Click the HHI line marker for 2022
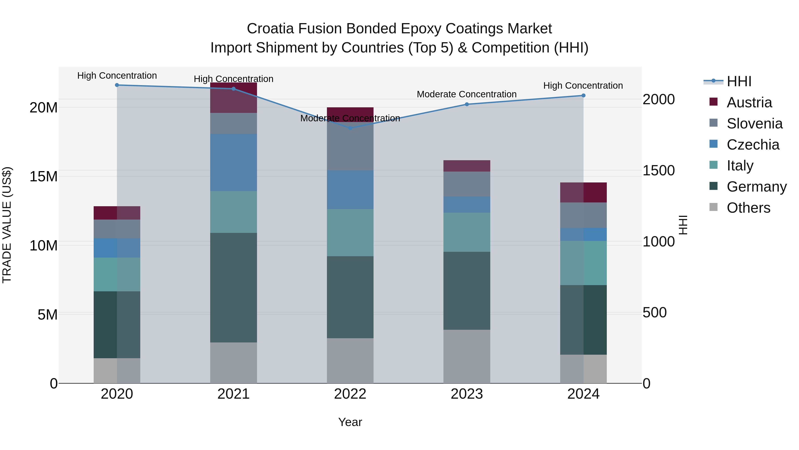click(350, 128)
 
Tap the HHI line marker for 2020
click(117, 85)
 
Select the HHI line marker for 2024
click(583, 96)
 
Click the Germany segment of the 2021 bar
click(233, 288)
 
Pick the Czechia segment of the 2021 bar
click(233, 162)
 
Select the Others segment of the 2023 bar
click(467, 356)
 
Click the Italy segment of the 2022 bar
click(350, 233)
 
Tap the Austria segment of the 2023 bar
click(467, 166)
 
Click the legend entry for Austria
click(749, 102)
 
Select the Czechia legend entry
click(753, 145)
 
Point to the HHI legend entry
click(739, 81)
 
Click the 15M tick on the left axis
click(44, 176)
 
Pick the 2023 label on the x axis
click(467, 394)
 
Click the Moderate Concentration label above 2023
click(467, 94)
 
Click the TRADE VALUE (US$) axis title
click(7, 225)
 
